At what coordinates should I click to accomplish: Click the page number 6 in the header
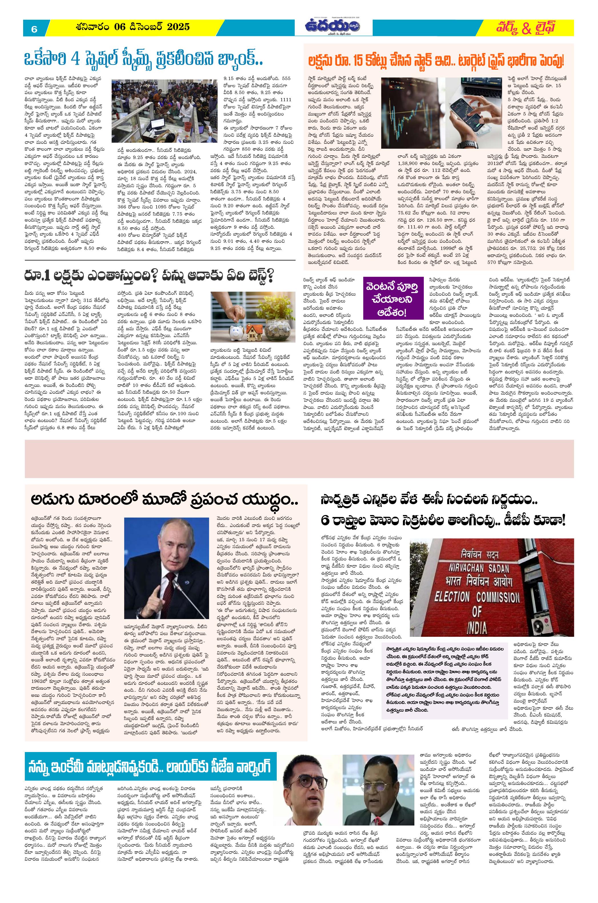pos(34,29)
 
